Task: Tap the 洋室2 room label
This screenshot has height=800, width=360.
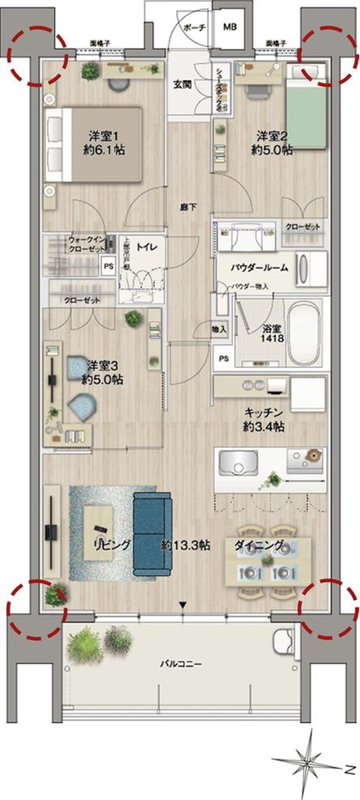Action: [268, 135]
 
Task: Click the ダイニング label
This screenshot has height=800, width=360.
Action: [259, 544]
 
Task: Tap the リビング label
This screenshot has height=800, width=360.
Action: [111, 545]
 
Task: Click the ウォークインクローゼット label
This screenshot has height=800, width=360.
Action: [84, 243]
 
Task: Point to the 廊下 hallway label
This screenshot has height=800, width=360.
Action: [186, 207]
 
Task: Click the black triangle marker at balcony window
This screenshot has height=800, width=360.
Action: [184, 605]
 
